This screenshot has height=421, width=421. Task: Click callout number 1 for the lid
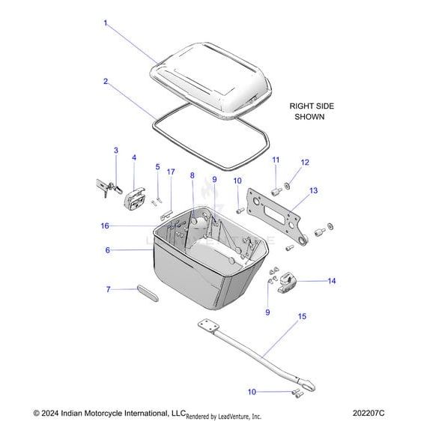point(106,23)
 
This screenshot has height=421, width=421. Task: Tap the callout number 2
point(106,81)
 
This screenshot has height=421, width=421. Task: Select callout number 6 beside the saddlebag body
point(107,250)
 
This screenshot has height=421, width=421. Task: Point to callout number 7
point(107,289)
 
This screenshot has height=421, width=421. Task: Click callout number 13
point(313,191)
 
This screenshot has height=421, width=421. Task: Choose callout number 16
point(105,225)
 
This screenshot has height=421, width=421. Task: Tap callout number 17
point(171,172)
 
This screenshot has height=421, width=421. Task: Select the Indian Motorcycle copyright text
point(109,413)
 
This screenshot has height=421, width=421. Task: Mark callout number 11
point(275,160)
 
